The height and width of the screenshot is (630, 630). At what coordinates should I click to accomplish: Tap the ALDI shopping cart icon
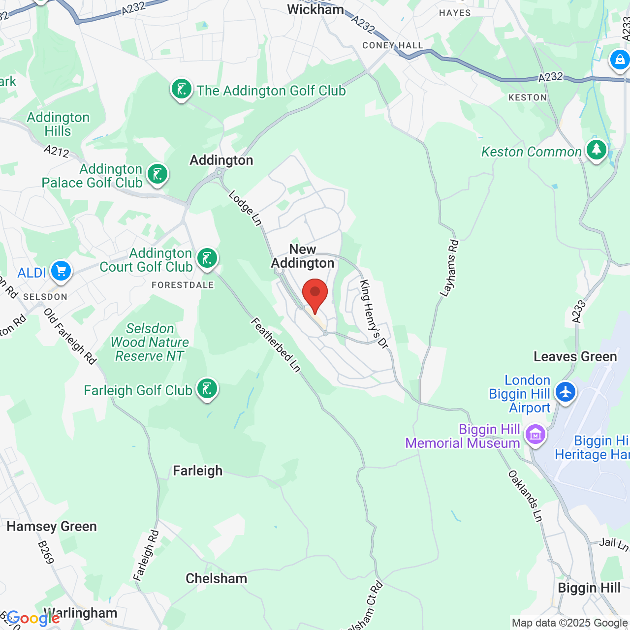pyautogui.click(x=61, y=271)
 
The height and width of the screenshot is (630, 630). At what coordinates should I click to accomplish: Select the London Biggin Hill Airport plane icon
pyautogui.click(x=566, y=392)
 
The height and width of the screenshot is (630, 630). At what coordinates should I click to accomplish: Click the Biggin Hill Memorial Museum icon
pyautogui.click(x=535, y=435)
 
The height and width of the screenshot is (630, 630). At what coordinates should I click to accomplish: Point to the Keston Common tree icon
pyautogui.click(x=597, y=150)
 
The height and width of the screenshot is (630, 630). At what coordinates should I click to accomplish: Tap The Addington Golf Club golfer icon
pyautogui.click(x=182, y=90)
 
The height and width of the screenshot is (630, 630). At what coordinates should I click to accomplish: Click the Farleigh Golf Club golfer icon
pyautogui.click(x=207, y=389)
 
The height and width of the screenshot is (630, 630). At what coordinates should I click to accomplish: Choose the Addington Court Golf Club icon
pyautogui.click(x=207, y=258)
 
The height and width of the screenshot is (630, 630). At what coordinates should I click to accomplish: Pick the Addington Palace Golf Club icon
pyautogui.click(x=157, y=174)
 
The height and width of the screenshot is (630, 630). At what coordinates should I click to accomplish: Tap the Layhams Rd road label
pyautogui.click(x=449, y=268)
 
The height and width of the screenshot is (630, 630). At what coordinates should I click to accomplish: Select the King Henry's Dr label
pyautogui.click(x=374, y=314)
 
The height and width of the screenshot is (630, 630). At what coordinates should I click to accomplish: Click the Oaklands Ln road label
pyautogui.click(x=525, y=496)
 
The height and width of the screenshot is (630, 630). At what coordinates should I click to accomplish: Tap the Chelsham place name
pyautogui.click(x=216, y=578)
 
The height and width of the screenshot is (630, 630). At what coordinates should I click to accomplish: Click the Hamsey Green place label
pyautogui.click(x=52, y=527)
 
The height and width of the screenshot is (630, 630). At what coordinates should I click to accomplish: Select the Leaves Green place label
pyautogui.click(x=575, y=356)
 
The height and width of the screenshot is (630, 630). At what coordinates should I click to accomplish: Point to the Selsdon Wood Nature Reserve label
pyautogui.click(x=150, y=342)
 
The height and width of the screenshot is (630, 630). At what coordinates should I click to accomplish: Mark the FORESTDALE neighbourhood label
pyautogui.click(x=183, y=285)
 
